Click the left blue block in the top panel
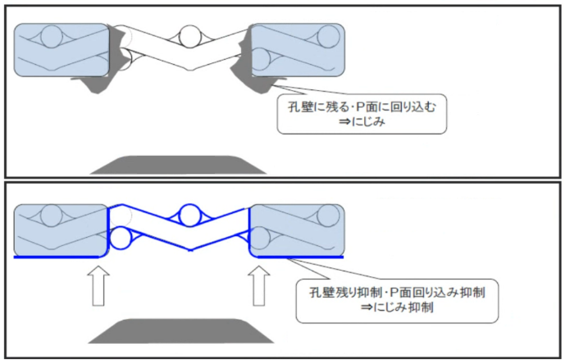point(62,50)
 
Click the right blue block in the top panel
point(297,50)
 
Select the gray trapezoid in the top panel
point(179,164)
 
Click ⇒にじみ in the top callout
point(362,121)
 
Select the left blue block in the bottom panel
point(62,230)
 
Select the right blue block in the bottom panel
point(297,230)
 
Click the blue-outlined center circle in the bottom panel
point(190,215)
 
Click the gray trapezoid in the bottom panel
point(180,332)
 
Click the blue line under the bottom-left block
point(61,257)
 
